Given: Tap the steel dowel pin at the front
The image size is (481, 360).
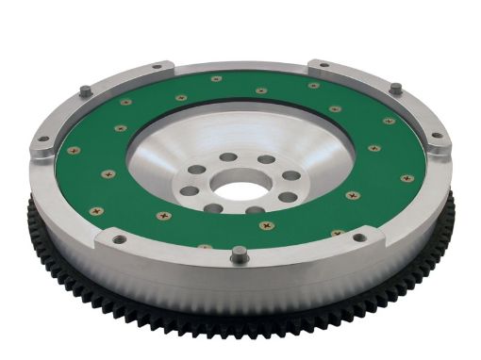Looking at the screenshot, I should coord(240,252).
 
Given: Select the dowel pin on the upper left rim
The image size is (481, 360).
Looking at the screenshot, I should coord(84,90).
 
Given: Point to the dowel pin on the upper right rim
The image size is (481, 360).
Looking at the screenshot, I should coord(394,88).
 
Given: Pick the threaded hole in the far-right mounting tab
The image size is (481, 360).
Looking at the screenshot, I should coord(436,137).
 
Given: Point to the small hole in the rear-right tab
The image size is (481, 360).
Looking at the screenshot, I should coord(323,65).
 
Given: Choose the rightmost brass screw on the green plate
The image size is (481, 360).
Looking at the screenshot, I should coord(406,178).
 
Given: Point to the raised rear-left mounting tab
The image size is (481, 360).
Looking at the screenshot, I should coord(156,69).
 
